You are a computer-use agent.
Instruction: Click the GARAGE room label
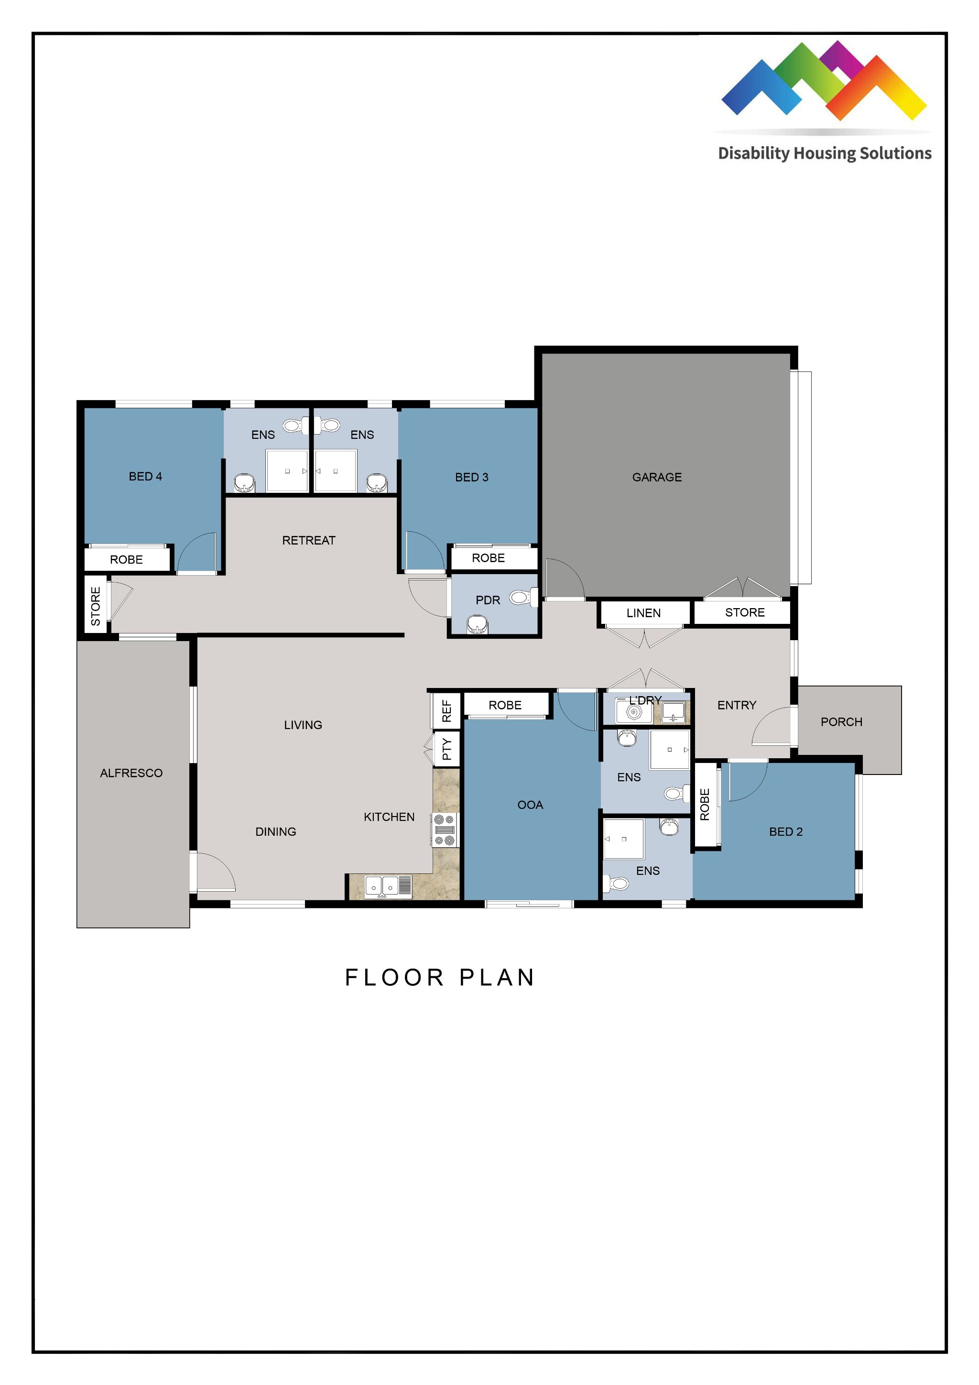pyautogui.click(x=656, y=477)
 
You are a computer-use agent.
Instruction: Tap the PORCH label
pyautogui.click(x=841, y=722)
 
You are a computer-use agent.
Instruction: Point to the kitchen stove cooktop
pyautogui.click(x=445, y=830)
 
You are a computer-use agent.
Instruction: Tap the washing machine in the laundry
pyautogui.click(x=633, y=712)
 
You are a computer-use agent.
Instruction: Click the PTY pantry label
pyautogui.click(x=446, y=749)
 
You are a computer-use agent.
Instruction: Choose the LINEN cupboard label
pyautogui.click(x=643, y=613)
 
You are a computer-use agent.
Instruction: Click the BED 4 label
pyautogui.click(x=145, y=477)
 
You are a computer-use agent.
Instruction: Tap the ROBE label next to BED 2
pyautogui.click(x=705, y=804)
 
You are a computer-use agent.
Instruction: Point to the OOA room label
pyautogui.click(x=530, y=805)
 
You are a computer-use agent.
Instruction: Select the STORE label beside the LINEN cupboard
pyautogui.click(x=744, y=612)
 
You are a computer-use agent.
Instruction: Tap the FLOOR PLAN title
pyautogui.click(x=440, y=978)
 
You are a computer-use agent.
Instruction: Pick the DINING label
pyautogui.click(x=276, y=832)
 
